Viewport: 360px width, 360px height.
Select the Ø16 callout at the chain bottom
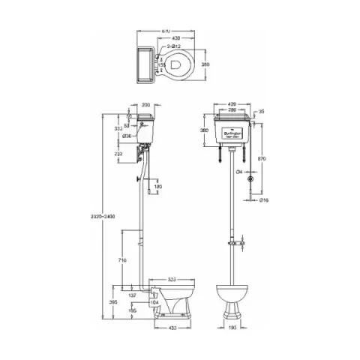264,200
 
